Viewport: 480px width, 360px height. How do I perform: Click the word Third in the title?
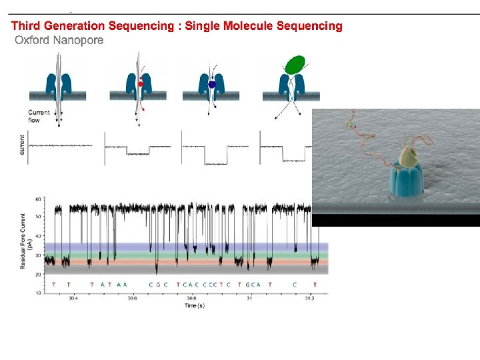point(24,27)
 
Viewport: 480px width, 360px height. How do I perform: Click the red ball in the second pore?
point(141,84)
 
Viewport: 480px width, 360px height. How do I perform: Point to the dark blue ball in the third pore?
point(212,85)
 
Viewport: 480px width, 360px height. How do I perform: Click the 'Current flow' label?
point(39,116)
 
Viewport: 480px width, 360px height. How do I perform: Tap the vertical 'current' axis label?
point(22,145)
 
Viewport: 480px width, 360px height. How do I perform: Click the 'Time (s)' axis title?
point(195,305)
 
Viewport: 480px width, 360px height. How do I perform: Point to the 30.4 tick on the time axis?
point(73,299)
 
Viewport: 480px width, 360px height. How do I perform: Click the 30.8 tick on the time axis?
point(191,299)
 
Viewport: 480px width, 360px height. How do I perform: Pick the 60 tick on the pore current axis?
point(39,199)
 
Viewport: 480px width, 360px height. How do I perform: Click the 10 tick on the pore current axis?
point(39,292)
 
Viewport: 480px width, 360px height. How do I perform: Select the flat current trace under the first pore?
point(60,146)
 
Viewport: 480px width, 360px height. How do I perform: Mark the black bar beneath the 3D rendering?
point(396,221)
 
